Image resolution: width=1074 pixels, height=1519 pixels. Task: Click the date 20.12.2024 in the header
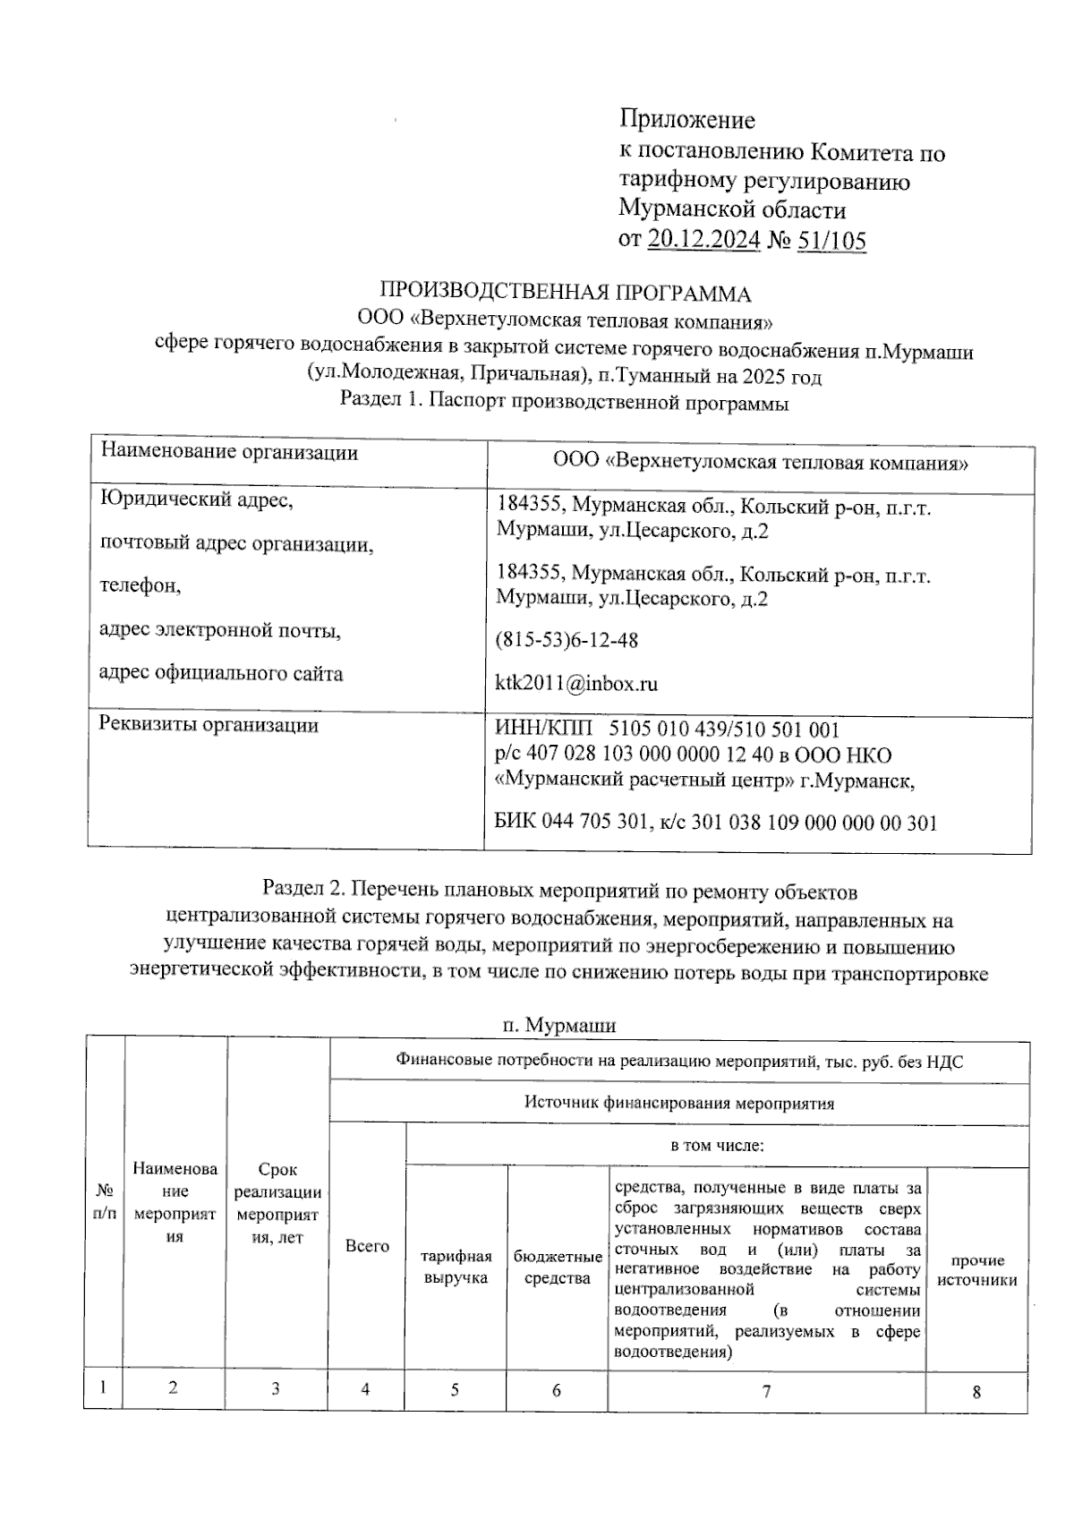pos(703,240)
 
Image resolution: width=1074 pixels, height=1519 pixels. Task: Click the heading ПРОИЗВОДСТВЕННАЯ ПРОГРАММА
pos(566,294)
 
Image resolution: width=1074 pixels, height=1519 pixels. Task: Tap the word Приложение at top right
pos(687,120)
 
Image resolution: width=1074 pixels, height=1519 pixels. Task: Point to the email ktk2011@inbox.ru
pos(577,684)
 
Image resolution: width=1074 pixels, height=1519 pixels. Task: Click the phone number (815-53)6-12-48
pos(567,641)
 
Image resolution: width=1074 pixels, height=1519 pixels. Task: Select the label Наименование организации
pos(229,452)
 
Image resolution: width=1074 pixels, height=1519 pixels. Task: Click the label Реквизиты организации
pos(209,725)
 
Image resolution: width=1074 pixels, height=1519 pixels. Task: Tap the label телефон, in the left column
pos(141,586)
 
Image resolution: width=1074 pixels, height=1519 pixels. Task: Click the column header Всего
pos(367,1246)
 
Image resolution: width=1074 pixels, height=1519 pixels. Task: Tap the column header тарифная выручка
pos(456,1267)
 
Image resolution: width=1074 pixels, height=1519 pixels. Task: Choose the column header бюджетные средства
pos(558,1267)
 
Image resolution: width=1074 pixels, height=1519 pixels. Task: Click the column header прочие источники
pos(977,1270)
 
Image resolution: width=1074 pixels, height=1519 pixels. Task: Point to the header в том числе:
pos(716,1145)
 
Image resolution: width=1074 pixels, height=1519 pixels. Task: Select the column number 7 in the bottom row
pos(766,1391)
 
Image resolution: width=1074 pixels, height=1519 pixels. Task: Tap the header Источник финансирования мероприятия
pos(678,1104)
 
